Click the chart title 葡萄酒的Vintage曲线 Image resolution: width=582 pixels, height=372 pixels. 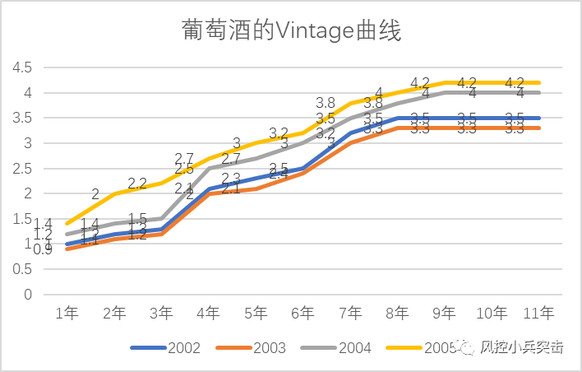point(291,32)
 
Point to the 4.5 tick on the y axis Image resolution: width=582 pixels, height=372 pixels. point(22,67)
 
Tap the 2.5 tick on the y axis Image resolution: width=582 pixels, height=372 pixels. point(22,169)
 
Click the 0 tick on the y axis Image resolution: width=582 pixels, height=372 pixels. point(27,295)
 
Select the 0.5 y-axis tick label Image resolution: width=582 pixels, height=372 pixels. point(22,269)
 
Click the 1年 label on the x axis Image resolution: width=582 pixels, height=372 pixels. point(67,314)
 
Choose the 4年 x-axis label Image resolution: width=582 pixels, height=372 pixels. point(209,314)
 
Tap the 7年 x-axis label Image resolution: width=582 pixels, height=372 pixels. point(350,314)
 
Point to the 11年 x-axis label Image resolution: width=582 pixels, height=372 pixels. point(539,314)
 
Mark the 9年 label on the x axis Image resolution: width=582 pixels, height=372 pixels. point(445,314)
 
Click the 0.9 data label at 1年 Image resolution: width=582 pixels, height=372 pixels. point(43,249)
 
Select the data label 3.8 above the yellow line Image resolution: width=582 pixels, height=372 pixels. point(326,104)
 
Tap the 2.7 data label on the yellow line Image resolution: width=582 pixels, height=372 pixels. point(184,159)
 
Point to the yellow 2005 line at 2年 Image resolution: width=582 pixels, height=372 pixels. point(114,193)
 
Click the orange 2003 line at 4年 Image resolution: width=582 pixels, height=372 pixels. point(209,194)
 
